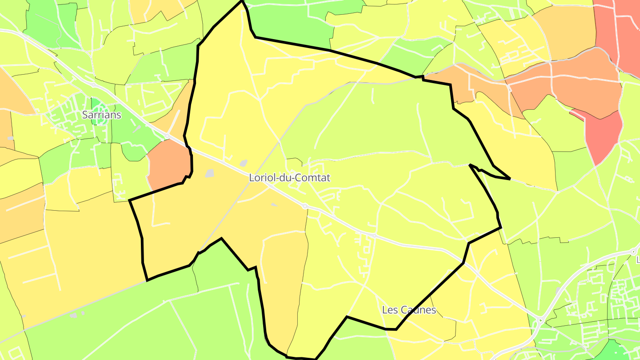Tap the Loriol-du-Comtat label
coord(290,178)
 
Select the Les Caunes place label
coord(409,310)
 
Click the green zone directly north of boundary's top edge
coord(289,22)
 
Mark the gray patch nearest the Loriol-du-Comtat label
coord(244,164)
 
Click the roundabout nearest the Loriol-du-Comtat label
coord(305,206)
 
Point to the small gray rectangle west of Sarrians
coord(10,139)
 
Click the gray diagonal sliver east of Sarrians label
coord(137,129)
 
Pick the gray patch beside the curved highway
coord(558,290)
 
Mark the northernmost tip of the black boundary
coord(242,1)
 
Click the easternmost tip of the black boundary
coord(509,179)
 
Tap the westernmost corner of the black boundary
coord(129,200)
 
